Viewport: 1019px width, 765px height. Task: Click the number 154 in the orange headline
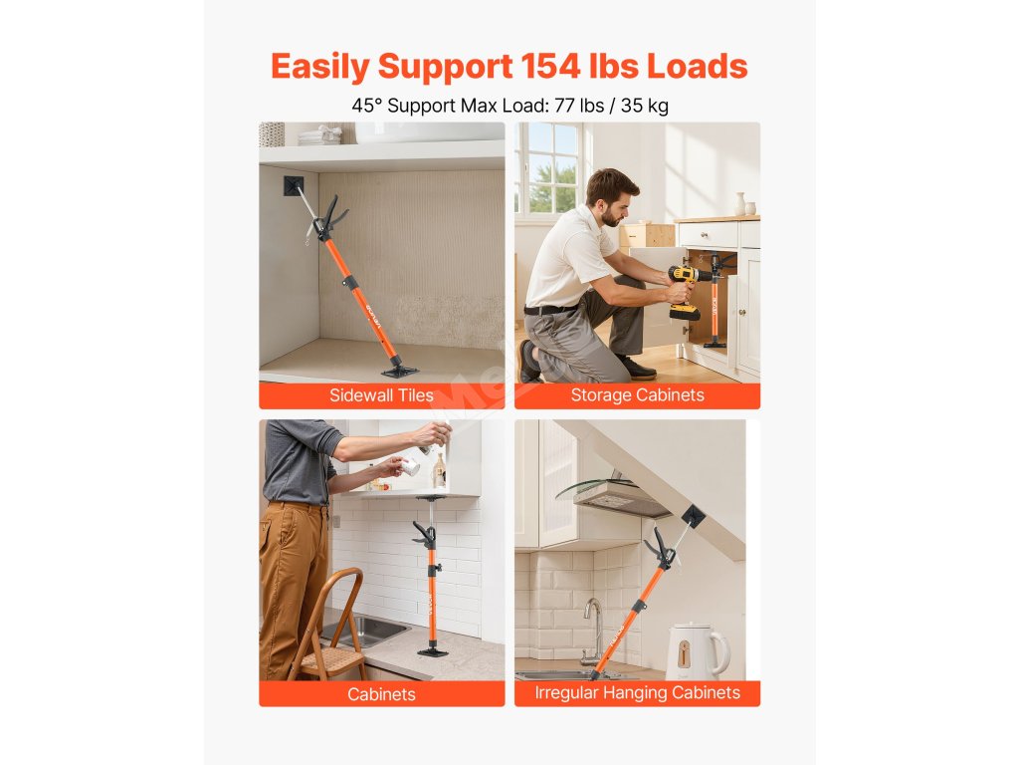(x=549, y=67)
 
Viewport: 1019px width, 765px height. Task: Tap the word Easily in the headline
(x=320, y=68)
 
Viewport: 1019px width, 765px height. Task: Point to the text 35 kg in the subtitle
(x=644, y=106)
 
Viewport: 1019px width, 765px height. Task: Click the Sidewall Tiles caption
(x=381, y=395)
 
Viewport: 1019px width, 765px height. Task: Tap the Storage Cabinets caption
(x=638, y=395)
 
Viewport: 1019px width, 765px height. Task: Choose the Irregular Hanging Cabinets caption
(x=638, y=693)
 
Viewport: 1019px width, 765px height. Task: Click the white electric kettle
(x=698, y=651)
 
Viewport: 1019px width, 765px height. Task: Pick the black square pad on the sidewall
(x=294, y=186)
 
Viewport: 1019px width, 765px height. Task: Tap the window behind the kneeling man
(x=548, y=168)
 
